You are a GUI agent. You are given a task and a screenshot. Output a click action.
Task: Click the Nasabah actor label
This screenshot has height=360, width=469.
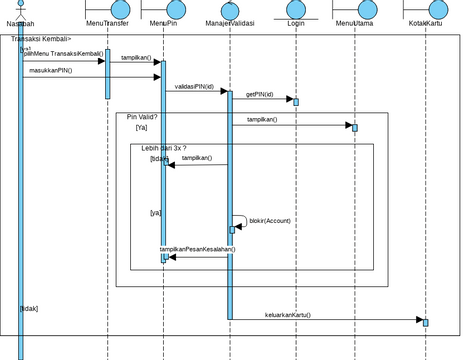(19, 23)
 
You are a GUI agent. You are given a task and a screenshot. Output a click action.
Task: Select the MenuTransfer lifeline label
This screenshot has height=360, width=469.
(108, 22)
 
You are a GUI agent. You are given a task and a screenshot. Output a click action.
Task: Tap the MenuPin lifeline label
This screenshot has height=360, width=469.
(164, 22)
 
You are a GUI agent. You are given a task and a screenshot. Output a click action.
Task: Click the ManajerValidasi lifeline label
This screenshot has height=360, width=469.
(230, 22)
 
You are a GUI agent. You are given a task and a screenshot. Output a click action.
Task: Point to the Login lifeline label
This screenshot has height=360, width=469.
(295, 22)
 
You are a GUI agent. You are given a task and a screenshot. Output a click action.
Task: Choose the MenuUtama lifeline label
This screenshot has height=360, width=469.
(355, 22)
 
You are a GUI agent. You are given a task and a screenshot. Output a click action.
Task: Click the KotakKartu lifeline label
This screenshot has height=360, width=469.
(426, 22)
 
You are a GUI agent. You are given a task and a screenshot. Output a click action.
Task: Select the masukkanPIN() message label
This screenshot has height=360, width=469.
(50, 71)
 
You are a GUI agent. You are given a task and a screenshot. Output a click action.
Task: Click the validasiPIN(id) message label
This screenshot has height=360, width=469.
(194, 86)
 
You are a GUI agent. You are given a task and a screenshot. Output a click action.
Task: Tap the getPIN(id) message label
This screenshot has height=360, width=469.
(259, 94)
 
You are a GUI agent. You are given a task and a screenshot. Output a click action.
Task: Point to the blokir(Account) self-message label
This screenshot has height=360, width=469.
(269, 220)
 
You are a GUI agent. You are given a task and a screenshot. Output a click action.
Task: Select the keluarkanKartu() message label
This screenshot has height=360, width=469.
(288, 314)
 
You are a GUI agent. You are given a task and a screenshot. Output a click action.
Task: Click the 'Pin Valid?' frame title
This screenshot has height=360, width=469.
(141, 117)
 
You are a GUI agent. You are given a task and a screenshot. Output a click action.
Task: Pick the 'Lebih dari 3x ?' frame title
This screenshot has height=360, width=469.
(163, 148)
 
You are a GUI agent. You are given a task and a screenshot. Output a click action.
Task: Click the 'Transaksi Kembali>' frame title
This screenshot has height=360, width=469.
(41, 39)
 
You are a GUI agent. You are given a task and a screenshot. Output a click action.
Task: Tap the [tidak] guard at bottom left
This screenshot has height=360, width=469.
(29, 309)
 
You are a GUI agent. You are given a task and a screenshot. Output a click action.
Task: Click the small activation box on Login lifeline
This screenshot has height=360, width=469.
(295, 101)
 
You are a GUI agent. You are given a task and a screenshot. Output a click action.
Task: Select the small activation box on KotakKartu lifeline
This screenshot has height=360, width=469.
(425, 322)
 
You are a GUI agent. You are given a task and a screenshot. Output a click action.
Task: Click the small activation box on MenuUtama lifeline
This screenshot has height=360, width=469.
(354, 127)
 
